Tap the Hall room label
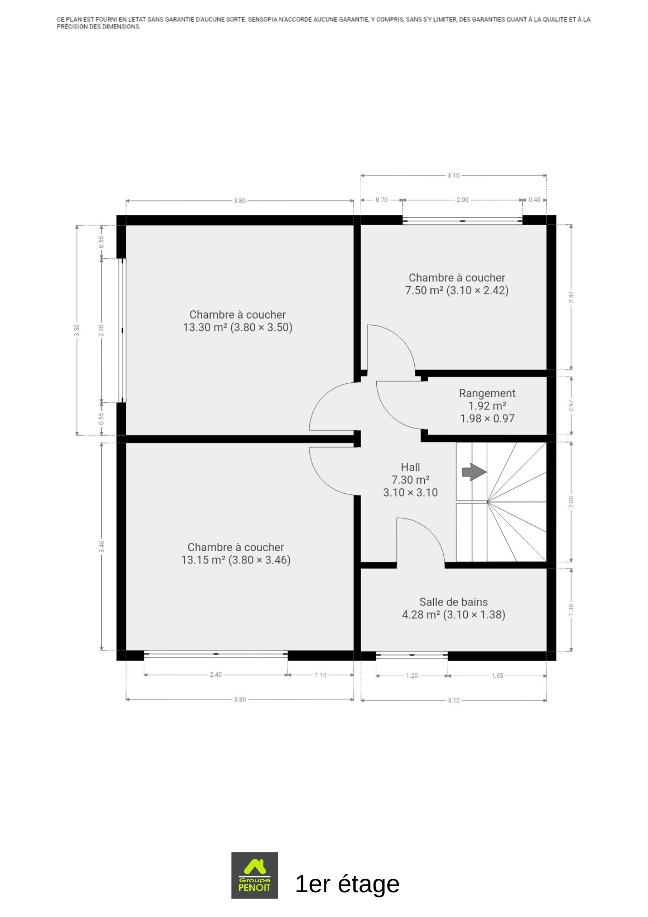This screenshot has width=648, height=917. click(x=411, y=480)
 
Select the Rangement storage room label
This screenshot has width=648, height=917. click(x=487, y=406)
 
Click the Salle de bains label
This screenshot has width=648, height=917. click(x=454, y=608)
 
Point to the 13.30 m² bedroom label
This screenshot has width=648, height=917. click(x=237, y=321)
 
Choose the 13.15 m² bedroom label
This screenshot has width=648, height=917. click(x=236, y=553)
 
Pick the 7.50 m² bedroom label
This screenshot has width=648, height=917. click(x=457, y=284)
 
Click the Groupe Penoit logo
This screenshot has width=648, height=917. click(x=254, y=875)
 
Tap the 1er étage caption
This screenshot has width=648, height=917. click(x=347, y=884)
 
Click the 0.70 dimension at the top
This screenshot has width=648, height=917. click(x=382, y=200)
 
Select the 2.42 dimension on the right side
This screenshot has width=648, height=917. click(x=571, y=297)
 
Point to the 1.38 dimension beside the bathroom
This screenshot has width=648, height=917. click(x=571, y=609)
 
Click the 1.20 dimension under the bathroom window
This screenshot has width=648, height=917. click(x=412, y=675)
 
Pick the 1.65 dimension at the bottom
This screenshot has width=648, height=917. click(x=497, y=675)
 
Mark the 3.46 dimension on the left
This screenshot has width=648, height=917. click(x=102, y=547)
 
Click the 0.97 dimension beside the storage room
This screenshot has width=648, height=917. click(x=571, y=406)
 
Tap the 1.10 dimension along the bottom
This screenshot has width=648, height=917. click(x=321, y=675)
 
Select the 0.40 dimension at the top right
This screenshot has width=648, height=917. click(x=534, y=200)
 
